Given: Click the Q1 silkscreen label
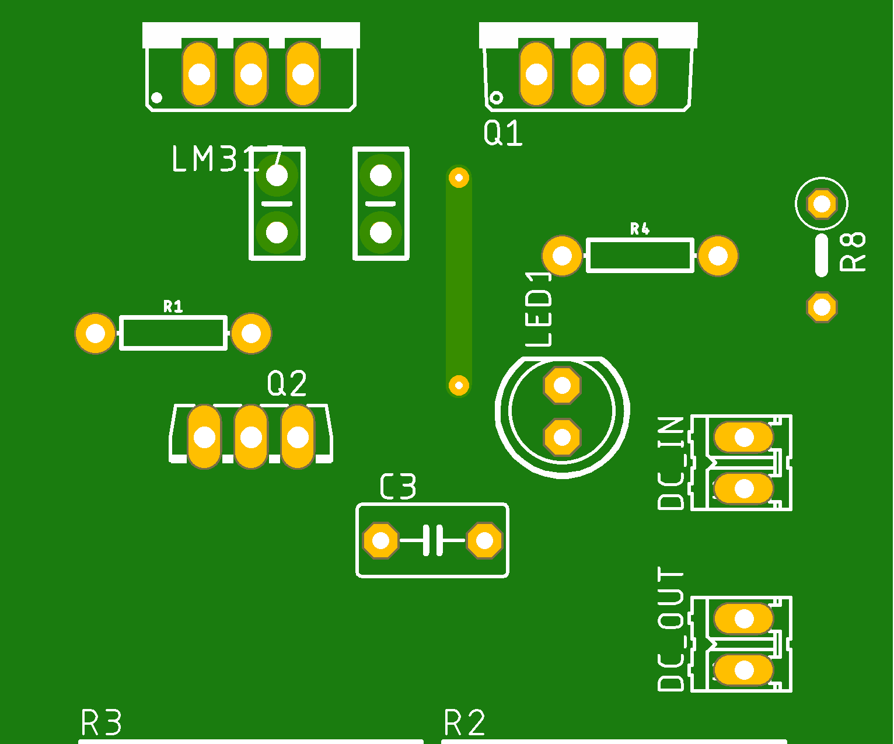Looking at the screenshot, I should point(502,133).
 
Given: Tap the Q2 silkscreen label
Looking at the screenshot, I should point(287,384).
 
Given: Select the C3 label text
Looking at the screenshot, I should point(398,487).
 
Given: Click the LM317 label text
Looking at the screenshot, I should point(226,159).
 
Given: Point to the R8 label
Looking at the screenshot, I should point(853,252).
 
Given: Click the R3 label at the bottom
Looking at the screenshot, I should point(101,723).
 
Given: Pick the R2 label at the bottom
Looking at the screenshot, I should point(465,723).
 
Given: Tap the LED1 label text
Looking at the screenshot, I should point(539,309).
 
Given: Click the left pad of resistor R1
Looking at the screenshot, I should point(96,334).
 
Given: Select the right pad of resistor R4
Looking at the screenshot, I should point(718,256).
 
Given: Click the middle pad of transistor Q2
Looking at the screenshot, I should point(251,436).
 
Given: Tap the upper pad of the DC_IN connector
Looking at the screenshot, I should point(744,437).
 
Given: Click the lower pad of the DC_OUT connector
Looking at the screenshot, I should point(744,670).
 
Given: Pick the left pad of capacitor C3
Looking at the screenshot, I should point(380,540).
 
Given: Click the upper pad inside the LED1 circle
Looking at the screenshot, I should point(562,385).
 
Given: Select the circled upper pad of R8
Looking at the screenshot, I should point(822,204).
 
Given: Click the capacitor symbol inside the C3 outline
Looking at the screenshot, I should point(432,540).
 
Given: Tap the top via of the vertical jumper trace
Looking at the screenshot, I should point(459,177).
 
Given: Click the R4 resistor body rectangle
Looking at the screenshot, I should point(640,256).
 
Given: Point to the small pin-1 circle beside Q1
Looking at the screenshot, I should point(496,97).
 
